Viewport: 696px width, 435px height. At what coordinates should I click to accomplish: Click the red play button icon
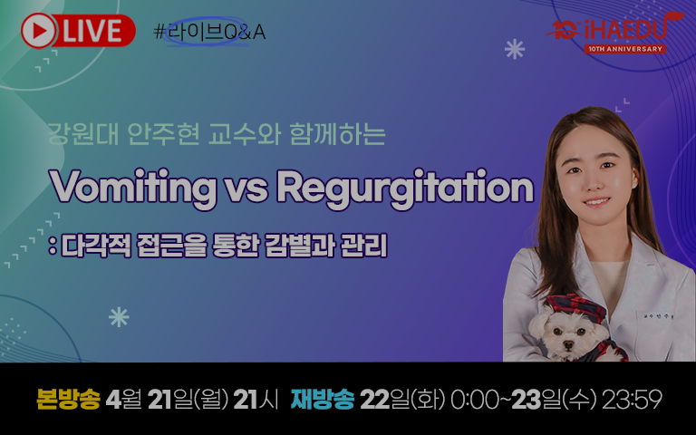pyautogui.click(x=39, y=31)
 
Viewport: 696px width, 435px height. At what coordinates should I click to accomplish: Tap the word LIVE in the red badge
pyautogui.click(x=92, y=31)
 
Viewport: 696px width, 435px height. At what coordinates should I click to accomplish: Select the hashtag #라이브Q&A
pyautogui.click(x=209, y=32)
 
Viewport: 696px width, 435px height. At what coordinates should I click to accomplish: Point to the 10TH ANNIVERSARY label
pyautogui.click(x=624, y=49)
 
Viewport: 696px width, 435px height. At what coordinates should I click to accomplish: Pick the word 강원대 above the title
pyautogui.click(x=83, y=133)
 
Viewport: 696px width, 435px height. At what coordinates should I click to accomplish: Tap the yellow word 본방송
pyautogui.click(x=68, y=399)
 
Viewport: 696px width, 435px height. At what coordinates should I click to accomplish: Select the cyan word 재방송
pyautogui.click(x=323, y=399)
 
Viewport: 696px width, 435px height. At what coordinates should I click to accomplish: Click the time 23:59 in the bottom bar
pyautogui.click(x=632, y=400)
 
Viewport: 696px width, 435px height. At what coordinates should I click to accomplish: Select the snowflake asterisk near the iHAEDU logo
pyautogui.click(x=515, y=49)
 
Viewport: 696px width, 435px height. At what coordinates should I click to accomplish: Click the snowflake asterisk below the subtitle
pyautogui.click(x=119, y=317)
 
